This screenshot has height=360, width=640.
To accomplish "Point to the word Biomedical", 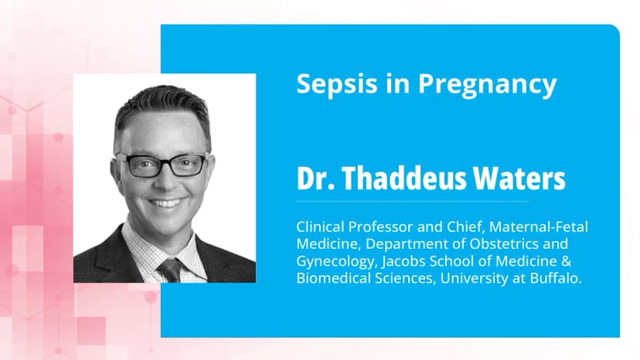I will click(330, 279).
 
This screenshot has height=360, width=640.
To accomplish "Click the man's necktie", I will click(169, 270).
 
